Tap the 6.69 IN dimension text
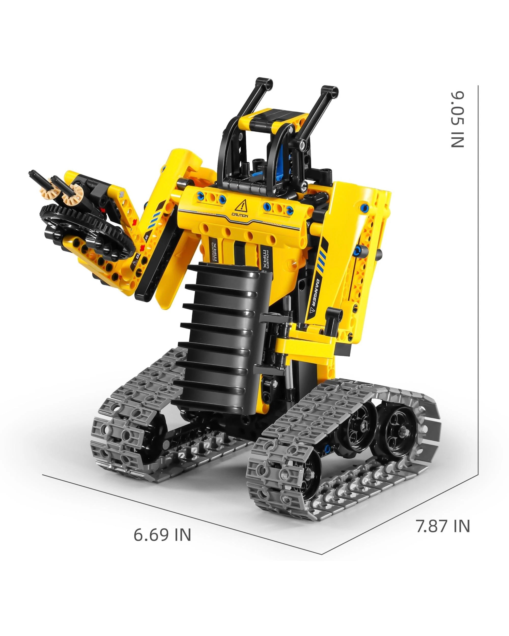162,534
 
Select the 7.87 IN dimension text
443,526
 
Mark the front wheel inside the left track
153,434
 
